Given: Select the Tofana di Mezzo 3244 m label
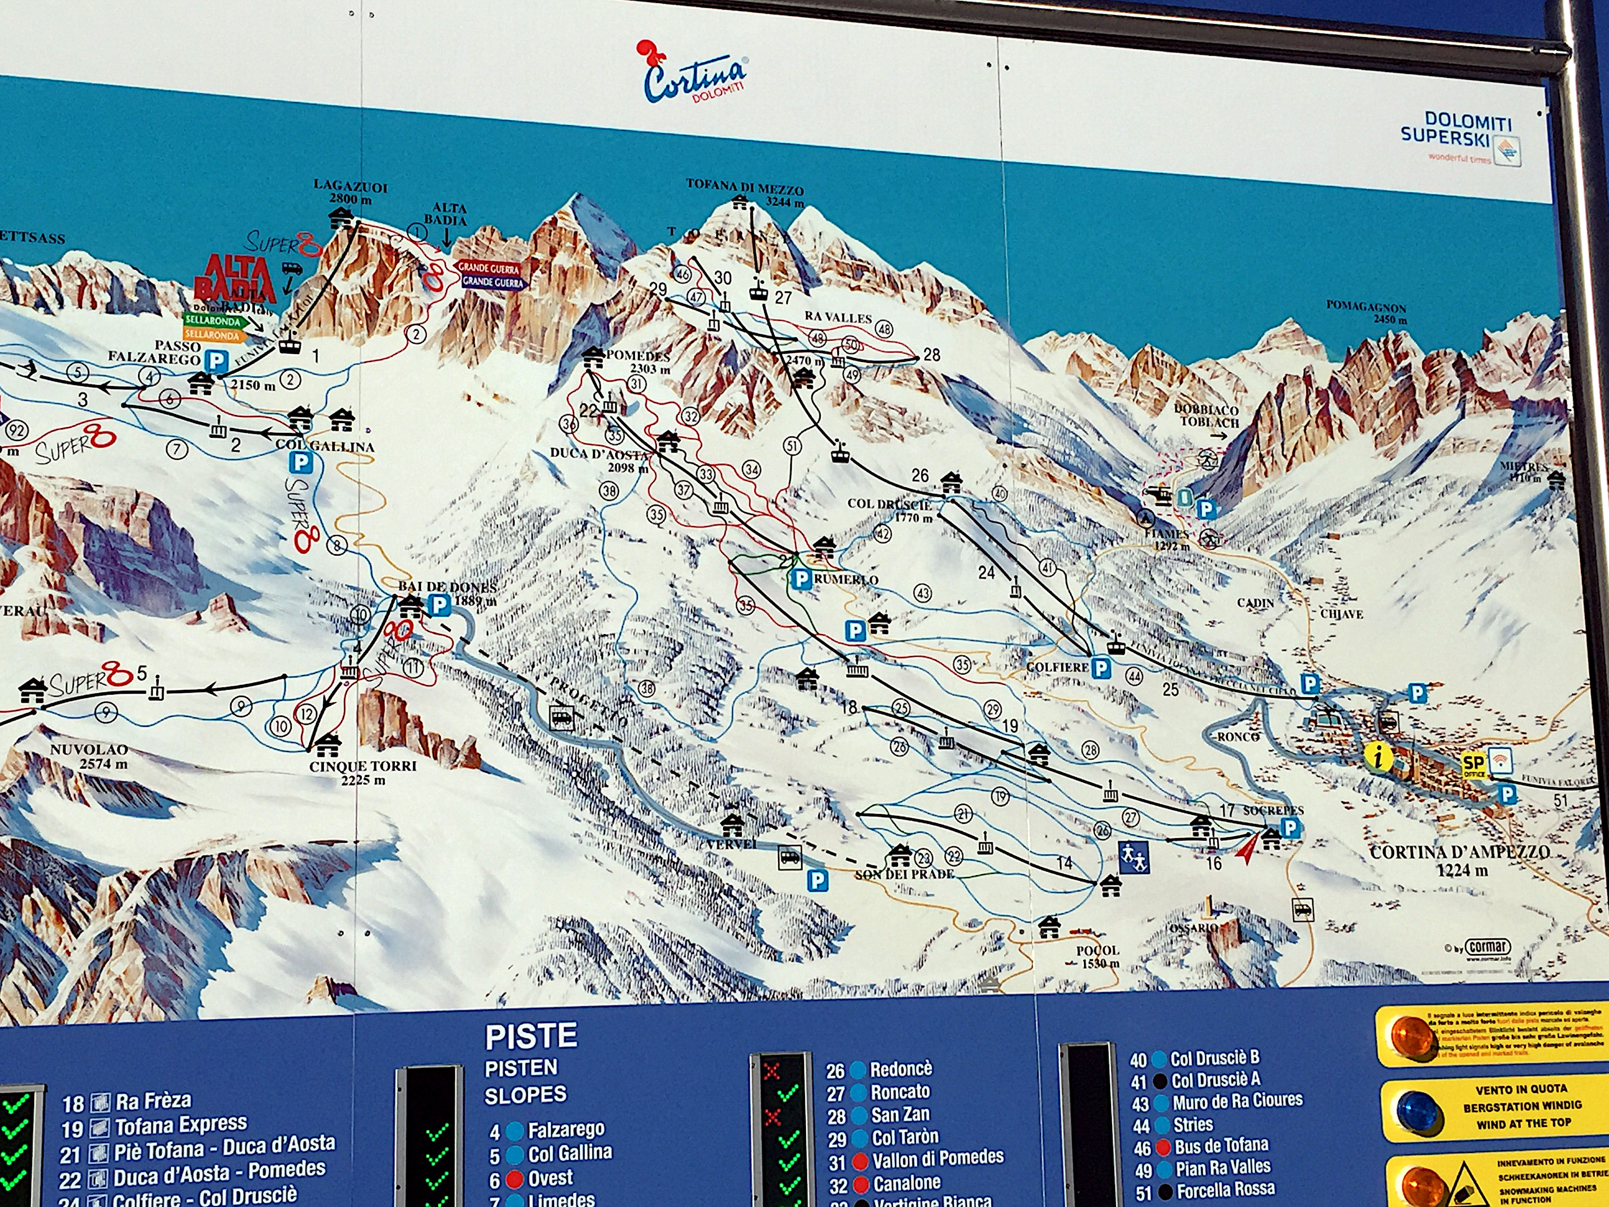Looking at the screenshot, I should (x=744, y=191).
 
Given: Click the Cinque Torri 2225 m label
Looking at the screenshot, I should (x=362, y=773).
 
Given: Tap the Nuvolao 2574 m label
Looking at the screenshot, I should (x=89, y=756).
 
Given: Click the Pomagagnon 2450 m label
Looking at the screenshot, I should (x=1365, y=312).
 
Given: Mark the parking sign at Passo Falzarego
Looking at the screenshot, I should (x=215, y=359).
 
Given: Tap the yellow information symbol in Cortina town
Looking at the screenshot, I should (x=1377, y=757).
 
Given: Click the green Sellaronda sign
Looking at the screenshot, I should (x=211, y=320).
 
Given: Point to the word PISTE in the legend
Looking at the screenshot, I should (x=531, y=1036).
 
